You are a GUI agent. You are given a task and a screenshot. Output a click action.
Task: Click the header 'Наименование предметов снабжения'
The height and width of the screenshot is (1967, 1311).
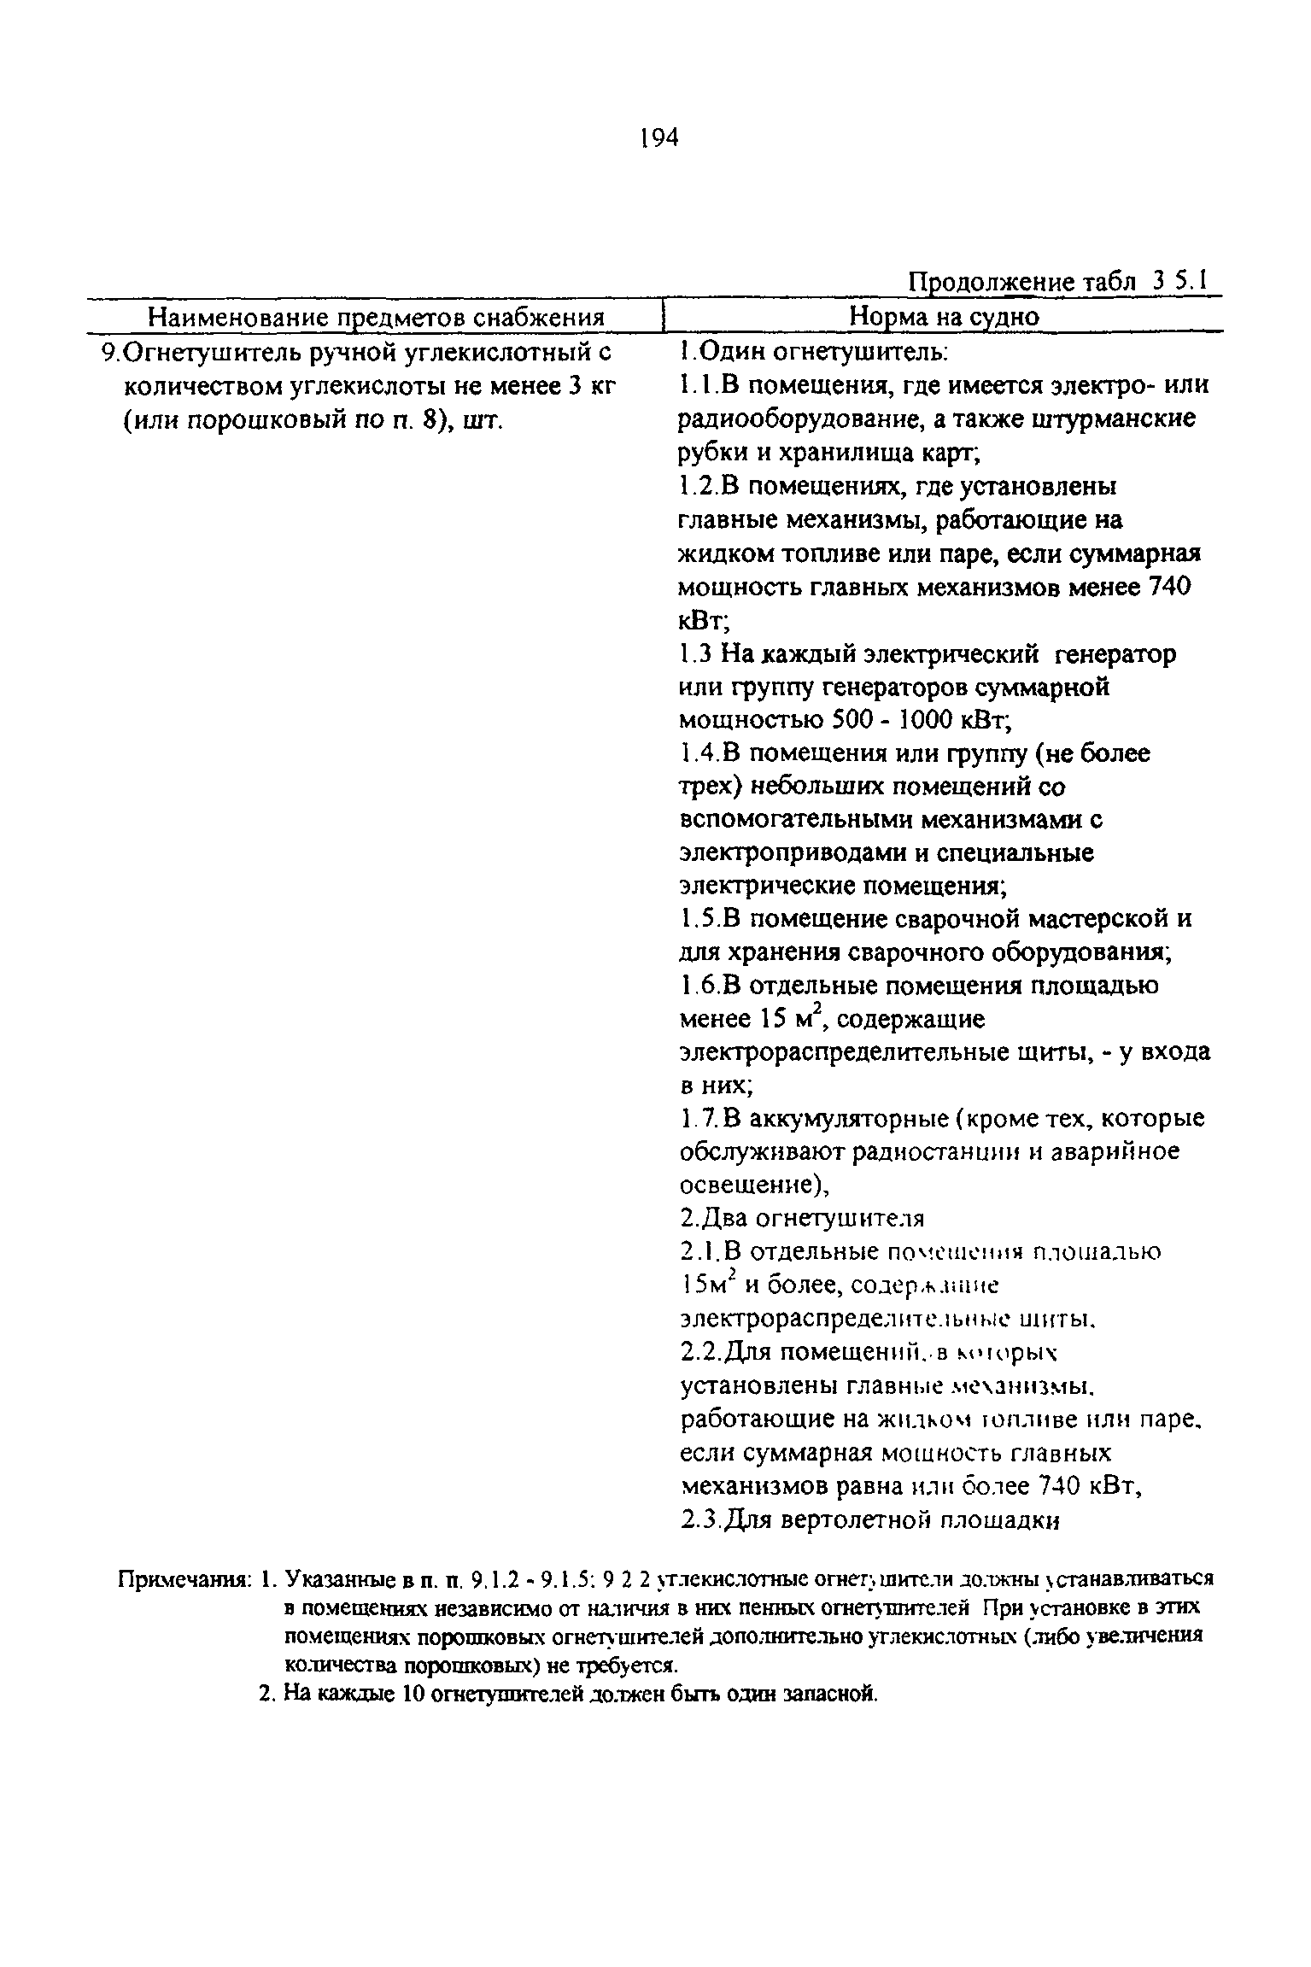[x=377, y=318]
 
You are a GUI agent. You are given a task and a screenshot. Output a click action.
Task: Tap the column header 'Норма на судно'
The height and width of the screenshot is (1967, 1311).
[x=944, y=318]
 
